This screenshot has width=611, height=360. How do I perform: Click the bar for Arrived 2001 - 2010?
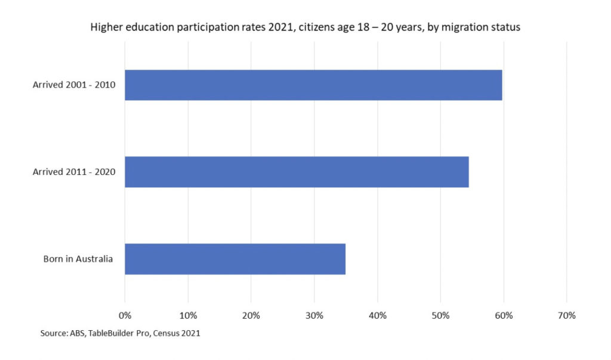tap(313, 85)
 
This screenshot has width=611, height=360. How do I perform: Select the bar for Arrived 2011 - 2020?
tap(297, 172)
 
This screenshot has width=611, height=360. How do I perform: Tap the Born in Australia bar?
tap(235, 259)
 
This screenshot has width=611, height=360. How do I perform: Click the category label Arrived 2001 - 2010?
tap(74, 85)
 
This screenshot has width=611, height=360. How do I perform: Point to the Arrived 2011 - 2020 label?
tap(74, 172)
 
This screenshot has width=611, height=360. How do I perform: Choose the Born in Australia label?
tap(78, 259)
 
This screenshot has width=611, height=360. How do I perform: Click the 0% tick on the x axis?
tap(125, 315)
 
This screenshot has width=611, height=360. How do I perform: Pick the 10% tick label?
tap(188, 315)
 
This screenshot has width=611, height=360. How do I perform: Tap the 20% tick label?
tap(251, 315)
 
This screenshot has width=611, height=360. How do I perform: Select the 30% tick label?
tap(314, 315)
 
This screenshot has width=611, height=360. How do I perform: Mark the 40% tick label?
tap(378, 315)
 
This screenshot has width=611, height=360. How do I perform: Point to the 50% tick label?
tap(440, 315)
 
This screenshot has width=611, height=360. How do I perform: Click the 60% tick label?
tap(504, 315)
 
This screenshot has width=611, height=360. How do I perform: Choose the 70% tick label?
tap(566, 315)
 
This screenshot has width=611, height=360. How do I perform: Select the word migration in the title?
tap(467, 27)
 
